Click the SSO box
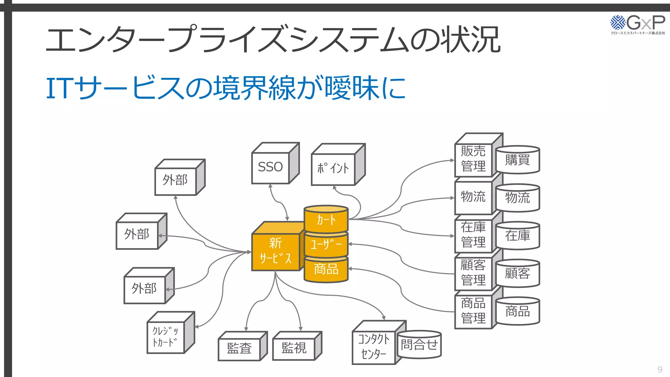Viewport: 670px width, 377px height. point(271,167)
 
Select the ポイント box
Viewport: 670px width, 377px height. point(333,168)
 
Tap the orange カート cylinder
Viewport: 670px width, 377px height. point(326,220)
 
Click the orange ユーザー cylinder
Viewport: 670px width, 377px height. point(326,244)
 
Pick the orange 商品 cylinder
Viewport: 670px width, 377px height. point(326,269)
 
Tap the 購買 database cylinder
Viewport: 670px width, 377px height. point(517,160)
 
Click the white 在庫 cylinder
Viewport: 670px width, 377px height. point(517,236)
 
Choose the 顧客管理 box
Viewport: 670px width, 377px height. point(473,273)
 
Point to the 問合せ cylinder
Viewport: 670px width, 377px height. point(419,345)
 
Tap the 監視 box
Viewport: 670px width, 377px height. point(294,348)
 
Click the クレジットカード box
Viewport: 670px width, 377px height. point(166,337)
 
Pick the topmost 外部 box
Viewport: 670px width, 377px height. point(175,180)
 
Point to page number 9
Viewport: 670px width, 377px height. point(660,369)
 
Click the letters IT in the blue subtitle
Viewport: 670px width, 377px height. point(59,88)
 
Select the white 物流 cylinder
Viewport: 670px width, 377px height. point(517,198)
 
